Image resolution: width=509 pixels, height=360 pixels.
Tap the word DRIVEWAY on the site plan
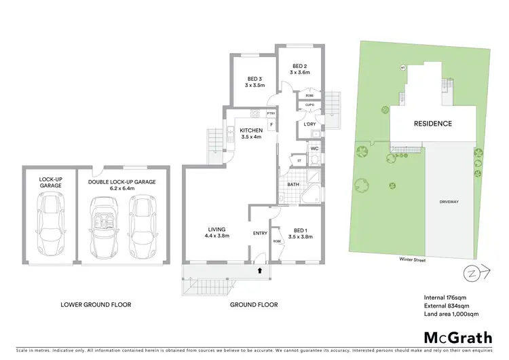click(x=449, y=202)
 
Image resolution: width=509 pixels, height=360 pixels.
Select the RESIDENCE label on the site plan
click(x=433, y=124)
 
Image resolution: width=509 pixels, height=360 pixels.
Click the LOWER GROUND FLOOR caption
click(x=96, y=305)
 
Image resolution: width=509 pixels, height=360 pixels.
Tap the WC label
click(x=314, y=148)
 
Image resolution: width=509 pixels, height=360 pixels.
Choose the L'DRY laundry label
click(x=309, y=124)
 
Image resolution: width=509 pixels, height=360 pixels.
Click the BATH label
click(x=293, y=184)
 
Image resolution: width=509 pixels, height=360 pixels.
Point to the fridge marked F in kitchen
click(x=271, y=125)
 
